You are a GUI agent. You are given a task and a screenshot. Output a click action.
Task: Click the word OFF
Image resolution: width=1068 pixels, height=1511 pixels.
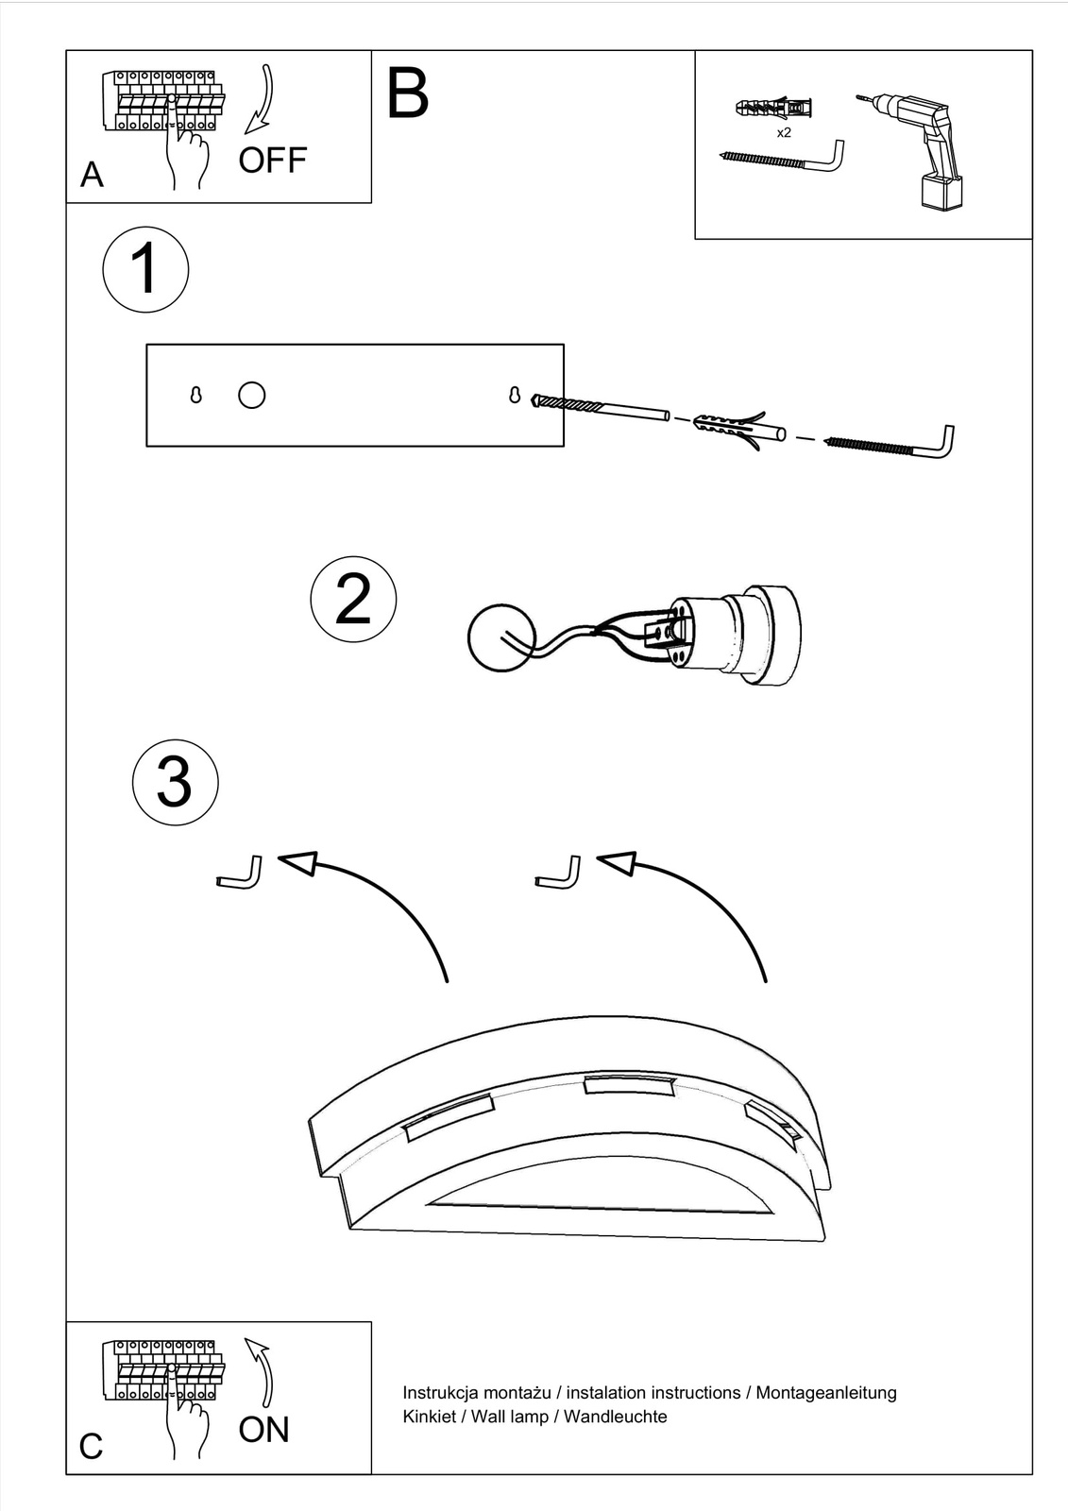(x=272, y=161)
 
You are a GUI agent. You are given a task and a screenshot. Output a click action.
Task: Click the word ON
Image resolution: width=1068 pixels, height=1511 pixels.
(x=263, y=1430)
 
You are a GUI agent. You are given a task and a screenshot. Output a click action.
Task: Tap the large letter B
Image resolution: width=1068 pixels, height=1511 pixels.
(x=408, y=93)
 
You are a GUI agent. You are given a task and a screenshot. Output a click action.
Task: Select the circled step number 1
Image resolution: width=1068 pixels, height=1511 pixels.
(x=144, y=269)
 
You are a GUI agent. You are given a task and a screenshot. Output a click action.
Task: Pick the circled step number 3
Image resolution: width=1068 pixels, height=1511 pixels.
(x=175, y=783)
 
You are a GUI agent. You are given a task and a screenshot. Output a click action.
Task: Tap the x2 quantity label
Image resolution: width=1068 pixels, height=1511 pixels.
(x=784, y=133)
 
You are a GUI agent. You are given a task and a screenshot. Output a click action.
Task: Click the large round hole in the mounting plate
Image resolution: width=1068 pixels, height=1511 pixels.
(x=252, y=395)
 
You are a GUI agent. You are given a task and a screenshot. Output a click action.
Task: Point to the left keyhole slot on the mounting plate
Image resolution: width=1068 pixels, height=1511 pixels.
(x=196, y=395)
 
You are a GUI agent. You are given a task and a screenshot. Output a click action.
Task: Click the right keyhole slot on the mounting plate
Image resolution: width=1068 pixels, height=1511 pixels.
(x=515, y=395)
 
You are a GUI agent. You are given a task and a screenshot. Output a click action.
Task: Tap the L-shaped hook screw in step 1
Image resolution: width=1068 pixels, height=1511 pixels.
(x=891, y=444)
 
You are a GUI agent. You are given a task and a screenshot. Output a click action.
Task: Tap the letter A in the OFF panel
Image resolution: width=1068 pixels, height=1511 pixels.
(x=92, y=175)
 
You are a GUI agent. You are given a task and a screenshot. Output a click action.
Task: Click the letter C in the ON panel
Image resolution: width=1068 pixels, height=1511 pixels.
(x=91, y=1447)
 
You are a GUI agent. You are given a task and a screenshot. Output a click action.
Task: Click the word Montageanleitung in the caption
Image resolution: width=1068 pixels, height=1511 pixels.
(x=826, y=1392)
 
